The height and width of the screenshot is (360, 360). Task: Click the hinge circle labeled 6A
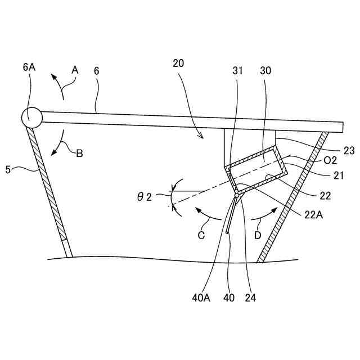click(x=31, y=116)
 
